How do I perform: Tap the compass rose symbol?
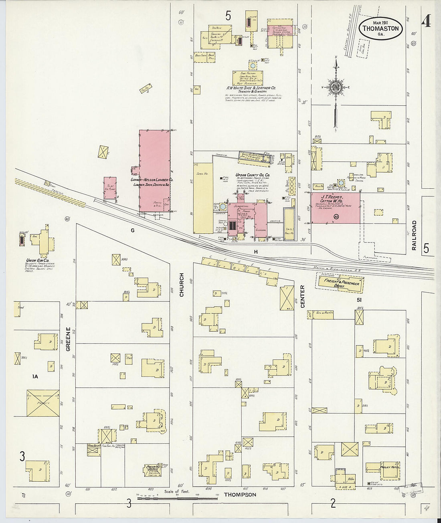pyautogui.click(x=336, y=87)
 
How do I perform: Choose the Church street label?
pyautogui.click(x=182, y=285)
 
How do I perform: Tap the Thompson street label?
pyautogui.click(x=240, y=495)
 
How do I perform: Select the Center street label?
pyautogui.click(x=303, y=297)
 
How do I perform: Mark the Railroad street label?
pyautogui.click(x=415, y=236)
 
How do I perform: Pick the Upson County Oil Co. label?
pyautogui.click(x=253, y=176)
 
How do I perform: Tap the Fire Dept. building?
pyautogui.click(x=93, y=449)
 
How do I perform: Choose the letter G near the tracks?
pyautogui.click(x=132, y=230)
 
